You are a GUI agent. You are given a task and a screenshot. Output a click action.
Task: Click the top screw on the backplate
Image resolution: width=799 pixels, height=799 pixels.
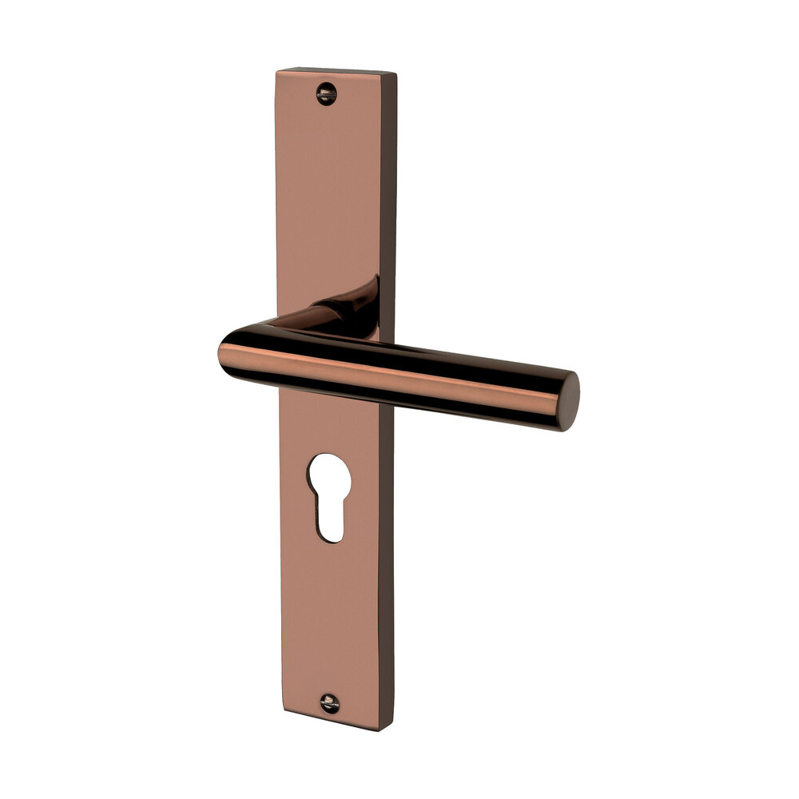click(x=326, y=94)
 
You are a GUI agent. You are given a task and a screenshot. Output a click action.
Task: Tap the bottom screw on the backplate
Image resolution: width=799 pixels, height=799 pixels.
click(x=329, y=703)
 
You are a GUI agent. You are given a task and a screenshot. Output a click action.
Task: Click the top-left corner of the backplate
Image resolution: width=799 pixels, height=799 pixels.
click(x=277, y=71)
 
